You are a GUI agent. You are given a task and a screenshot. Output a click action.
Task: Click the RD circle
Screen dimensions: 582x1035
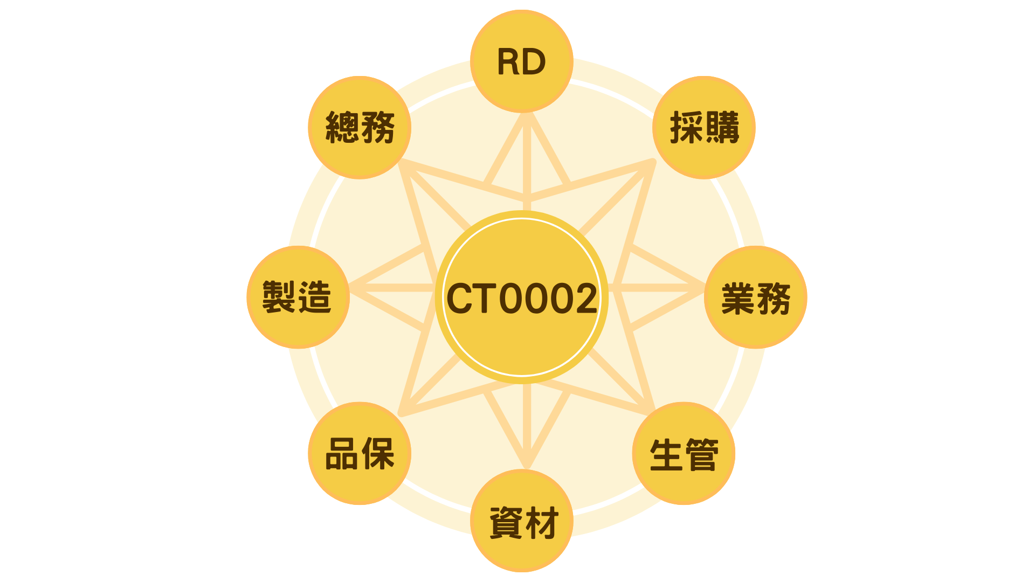(521, 61)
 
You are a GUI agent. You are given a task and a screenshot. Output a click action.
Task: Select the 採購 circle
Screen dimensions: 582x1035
(703, 128)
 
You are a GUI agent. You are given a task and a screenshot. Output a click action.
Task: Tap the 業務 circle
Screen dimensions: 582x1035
(755, 297)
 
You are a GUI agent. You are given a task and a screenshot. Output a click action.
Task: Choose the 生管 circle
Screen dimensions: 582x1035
(684, 454)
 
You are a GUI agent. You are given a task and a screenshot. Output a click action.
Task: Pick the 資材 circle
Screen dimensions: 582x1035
(521, 521)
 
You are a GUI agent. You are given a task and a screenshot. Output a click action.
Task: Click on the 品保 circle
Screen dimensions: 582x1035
(360, 454)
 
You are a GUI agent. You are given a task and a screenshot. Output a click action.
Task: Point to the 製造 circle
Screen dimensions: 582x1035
(298, 297)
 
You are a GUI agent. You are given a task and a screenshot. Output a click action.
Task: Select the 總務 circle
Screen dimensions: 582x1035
(360, 128)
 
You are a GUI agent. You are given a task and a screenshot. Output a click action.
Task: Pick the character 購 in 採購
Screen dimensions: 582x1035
(722, 128)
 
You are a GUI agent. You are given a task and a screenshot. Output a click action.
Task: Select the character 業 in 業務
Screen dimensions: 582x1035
(737, 298)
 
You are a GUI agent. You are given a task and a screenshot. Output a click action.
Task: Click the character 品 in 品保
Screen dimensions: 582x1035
(342, 454)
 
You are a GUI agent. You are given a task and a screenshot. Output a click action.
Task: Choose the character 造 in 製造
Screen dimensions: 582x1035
(315, 297)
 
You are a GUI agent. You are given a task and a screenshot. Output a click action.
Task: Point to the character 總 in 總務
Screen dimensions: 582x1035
(342, 128)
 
